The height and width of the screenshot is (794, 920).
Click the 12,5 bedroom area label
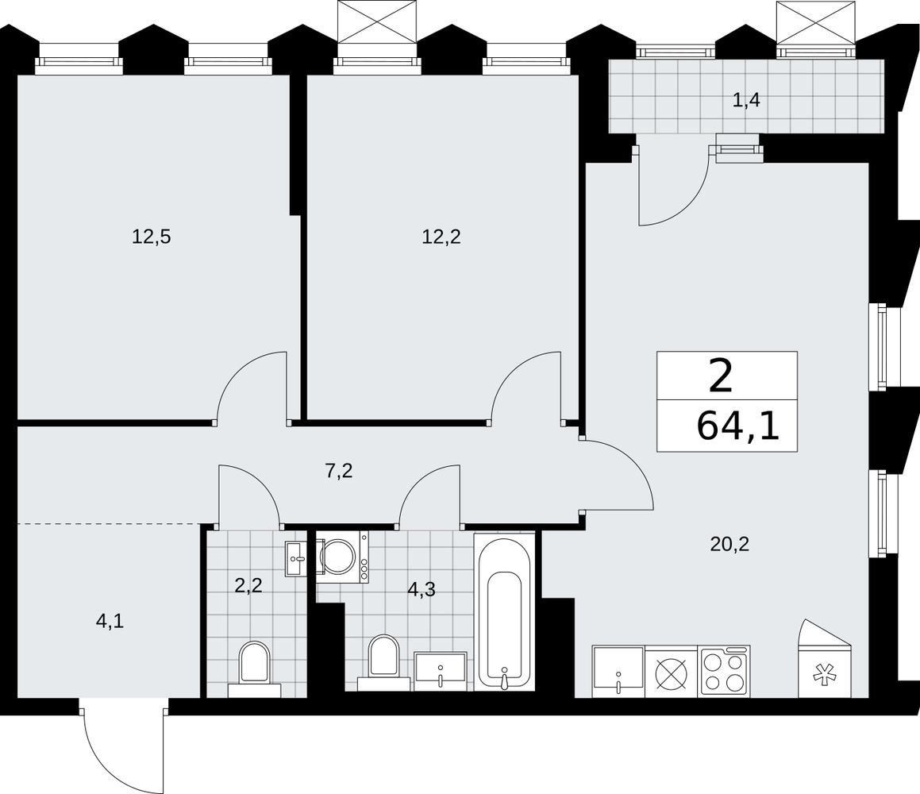[x=152, y=237]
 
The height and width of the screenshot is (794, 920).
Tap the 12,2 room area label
[x=441, y=237]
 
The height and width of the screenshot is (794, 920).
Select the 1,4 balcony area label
[x=746, y=100]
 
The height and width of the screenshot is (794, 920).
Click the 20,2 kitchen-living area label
[x=730, y=545]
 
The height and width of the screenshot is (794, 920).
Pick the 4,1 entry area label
[x=110, y=621]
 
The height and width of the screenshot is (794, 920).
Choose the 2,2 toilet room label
[x=248, y=585]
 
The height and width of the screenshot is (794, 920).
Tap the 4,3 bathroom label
[x=422, y=589]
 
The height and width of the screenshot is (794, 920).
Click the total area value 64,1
[x=738, y=426]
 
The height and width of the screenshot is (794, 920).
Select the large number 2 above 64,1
[x=721, y=377]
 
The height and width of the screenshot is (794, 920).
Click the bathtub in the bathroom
[x=504, y=612]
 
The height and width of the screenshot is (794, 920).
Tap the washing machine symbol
[x=342, y=557]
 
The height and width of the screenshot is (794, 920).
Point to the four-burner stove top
[x=724, y=672]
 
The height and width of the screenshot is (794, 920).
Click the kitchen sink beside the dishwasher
[x=618, y=672]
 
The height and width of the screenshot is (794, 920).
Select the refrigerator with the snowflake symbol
[x=826, y=658]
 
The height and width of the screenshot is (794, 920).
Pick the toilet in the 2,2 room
[x=255, y=669]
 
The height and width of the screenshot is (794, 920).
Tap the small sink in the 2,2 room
[x=296, y=559]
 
